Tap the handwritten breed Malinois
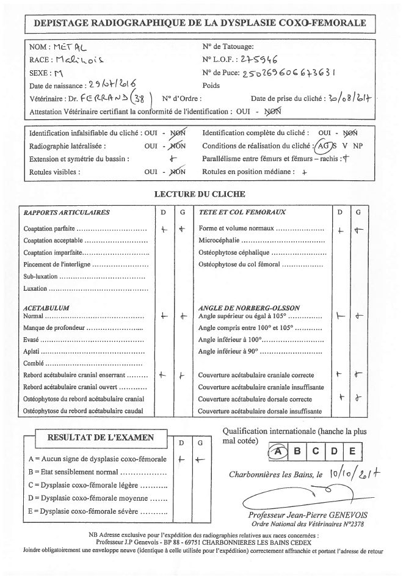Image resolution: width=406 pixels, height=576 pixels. coord(78,60)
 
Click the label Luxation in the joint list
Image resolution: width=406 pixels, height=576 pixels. coord(35,288)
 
